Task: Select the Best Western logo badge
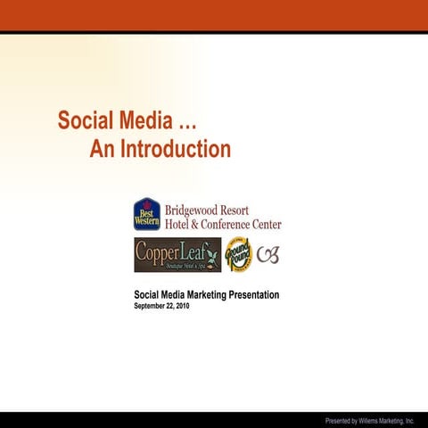(147, 214)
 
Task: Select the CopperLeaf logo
(177, 254)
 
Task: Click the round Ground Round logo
(238, 255)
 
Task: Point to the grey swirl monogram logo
(267, 255)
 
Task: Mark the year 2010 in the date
(182, 306)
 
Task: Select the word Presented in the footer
(339, 420)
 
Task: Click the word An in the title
(101, 149)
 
